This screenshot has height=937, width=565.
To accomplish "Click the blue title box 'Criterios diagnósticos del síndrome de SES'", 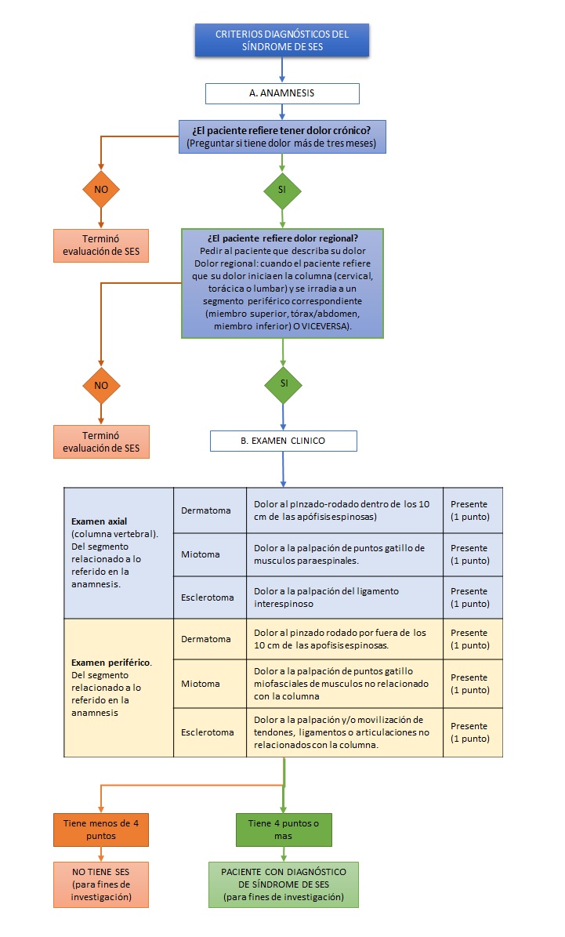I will (282, 40).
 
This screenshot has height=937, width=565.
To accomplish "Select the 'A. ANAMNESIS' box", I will (282, 93).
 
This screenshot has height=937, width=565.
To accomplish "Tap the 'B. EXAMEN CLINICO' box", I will (283, 441).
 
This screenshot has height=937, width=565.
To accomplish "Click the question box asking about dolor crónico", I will (282, 137).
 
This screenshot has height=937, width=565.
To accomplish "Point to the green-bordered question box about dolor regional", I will (282, 283).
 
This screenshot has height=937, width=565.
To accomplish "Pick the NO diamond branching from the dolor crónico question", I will (101, 189).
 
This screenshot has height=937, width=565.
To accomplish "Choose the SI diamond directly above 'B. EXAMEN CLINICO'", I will (283, 383).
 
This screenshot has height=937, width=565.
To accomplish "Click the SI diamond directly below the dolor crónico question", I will (282, 189).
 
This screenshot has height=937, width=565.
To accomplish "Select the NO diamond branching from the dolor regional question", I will (101, 385).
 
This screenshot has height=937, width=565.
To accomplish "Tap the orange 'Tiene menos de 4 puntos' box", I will (101, 830).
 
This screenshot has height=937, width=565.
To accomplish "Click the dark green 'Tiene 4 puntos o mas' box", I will (283, 830).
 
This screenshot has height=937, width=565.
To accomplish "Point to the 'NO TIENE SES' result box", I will (101, 884).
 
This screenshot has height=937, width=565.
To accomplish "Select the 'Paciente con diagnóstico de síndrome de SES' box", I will (283, 884).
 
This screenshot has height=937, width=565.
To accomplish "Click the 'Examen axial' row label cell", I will (118, 552).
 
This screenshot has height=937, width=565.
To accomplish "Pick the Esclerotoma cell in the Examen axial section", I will (208, 597).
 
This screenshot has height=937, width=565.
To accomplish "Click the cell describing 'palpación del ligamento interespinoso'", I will (344, 597).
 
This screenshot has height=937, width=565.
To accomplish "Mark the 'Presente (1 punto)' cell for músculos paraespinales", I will (473, 554).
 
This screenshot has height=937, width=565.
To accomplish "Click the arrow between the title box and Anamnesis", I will (282, 71).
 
